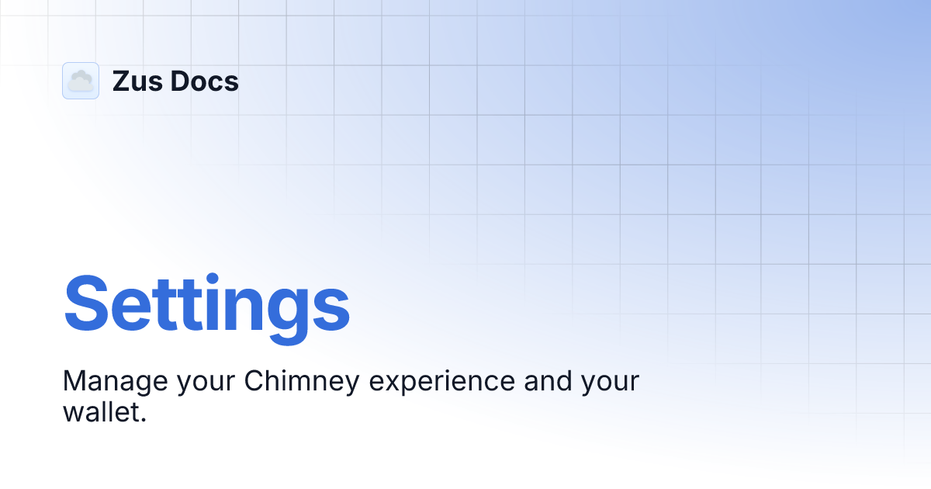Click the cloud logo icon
pyautogui.click(x=81, y=81)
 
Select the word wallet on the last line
pyautogui.click(x=101, y=411)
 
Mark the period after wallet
pyautogui.click(x=144, y=420)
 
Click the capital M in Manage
pyautogui.click(x=74, y=381)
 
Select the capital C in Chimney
pyautogui.click(x=253, y=381)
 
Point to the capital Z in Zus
pyautogui.click(x=121, y=81)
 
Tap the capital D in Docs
pyautogui.click(x=179, y=81)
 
